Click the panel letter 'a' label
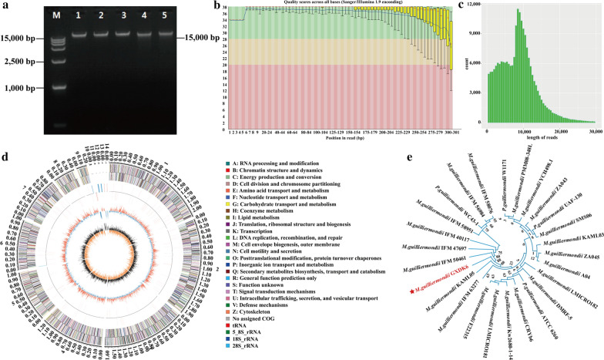click(x=5, y=6)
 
